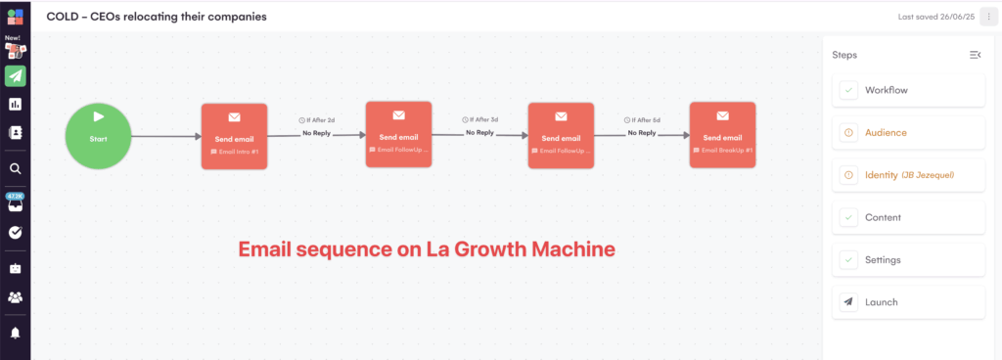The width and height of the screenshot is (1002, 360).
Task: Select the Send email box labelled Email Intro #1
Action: (234, 136)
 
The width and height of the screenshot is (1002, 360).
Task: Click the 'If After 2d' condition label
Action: (316, 120)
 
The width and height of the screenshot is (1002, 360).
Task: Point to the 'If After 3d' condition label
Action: (479, 119)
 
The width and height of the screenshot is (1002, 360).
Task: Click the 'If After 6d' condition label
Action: (642, 120)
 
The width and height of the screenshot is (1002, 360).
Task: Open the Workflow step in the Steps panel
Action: (908, 90)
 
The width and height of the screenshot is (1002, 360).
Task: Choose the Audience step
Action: (908, 132)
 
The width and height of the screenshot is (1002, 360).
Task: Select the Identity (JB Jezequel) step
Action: (908, 175)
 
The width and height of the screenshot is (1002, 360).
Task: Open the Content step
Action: (908, 217)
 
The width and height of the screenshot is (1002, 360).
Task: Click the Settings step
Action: (908, 260)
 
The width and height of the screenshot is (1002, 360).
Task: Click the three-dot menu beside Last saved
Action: (988, 17)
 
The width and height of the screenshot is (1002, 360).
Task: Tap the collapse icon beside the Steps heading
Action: (975, 55)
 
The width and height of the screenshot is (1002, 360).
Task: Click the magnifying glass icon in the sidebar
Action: (15, 168)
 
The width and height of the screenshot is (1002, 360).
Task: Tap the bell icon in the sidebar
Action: (15, 333)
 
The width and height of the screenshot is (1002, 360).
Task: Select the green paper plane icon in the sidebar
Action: (15, 76)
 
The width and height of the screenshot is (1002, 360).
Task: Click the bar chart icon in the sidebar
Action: (15, 104)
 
